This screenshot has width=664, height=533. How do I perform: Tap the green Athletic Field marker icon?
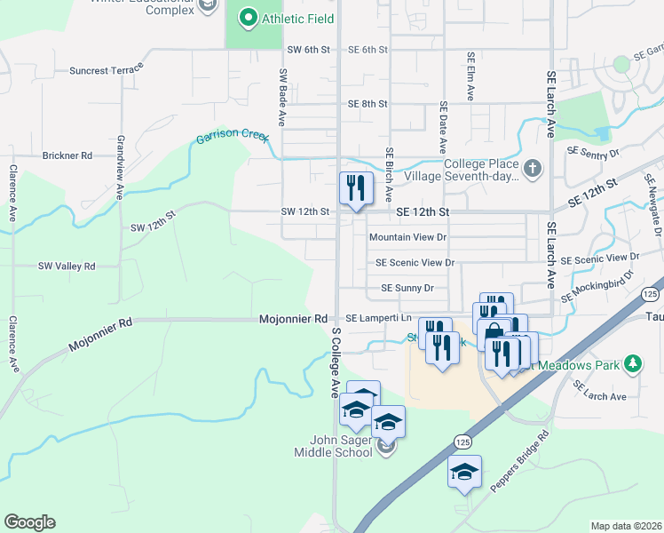point(248,17)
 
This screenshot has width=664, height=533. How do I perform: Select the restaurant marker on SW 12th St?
point(353,189)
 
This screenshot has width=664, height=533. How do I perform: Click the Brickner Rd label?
point(67,155)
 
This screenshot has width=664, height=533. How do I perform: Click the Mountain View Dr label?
point(407,237)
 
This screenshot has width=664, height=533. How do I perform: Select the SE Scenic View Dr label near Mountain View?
point(415,263)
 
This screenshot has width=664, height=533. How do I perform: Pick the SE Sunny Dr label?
point(407,288)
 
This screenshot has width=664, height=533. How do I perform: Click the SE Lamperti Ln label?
point(378,318)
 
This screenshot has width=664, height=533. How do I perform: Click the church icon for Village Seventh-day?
point(532,168)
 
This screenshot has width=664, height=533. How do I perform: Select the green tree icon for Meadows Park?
point(632,363)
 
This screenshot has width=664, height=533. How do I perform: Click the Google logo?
point(29,522)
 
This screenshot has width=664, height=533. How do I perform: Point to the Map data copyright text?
point(625,526)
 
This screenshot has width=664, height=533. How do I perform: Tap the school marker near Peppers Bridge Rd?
point(464,473)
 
